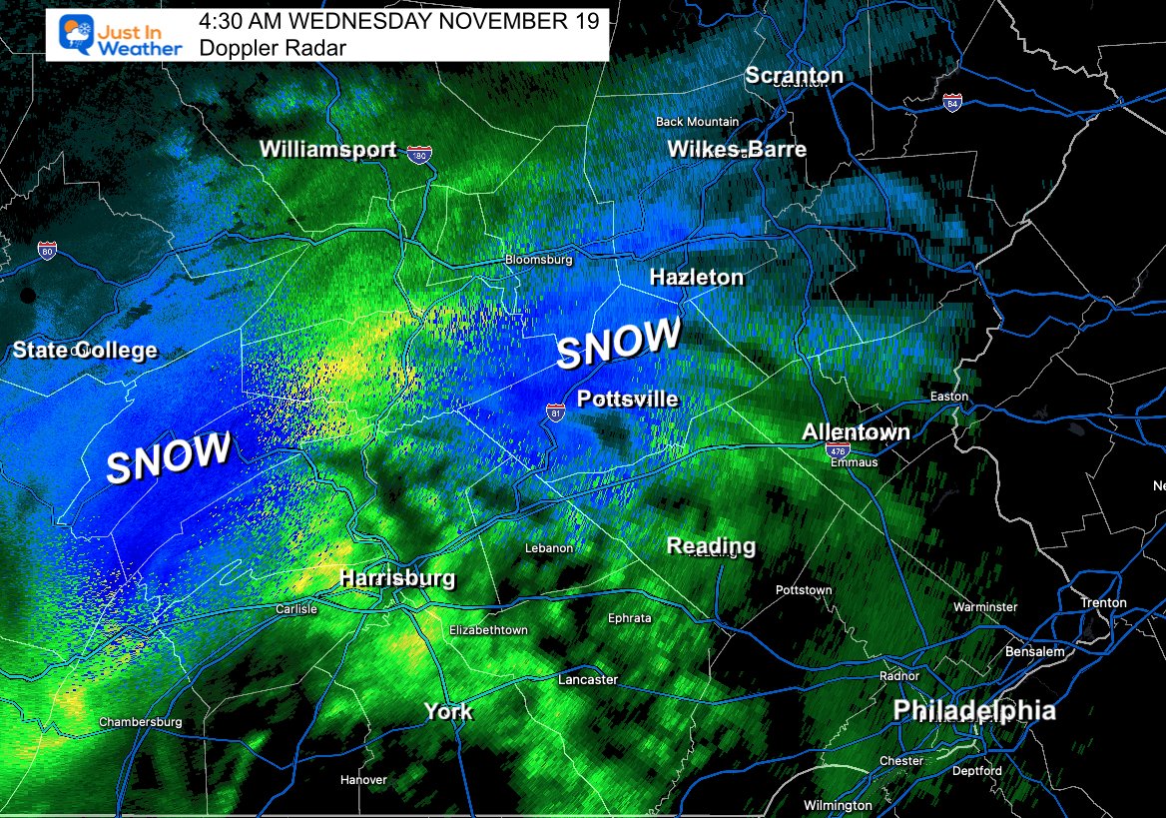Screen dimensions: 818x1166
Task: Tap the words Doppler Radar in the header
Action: coord(272,47)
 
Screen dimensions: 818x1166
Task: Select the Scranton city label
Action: coord(795,76)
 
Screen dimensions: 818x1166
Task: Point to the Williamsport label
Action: coord(327,150)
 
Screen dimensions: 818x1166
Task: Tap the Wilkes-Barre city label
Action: coord(736,150)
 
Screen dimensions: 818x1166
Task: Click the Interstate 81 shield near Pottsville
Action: coord(556,411)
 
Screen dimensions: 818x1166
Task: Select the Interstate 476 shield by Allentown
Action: coord(836,451)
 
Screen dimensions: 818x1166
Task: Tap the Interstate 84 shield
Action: coord(952,101)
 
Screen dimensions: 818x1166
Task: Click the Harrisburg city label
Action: coord(396,578)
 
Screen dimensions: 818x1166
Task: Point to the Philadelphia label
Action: coord(973,711)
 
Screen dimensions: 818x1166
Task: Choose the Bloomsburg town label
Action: coord(538,260)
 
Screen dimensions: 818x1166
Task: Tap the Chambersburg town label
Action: coord(140,722)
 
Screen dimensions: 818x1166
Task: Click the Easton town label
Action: coord(948,397)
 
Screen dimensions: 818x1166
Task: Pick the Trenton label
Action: coord(1103,603)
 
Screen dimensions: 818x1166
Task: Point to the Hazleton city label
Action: coord(696,278)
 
